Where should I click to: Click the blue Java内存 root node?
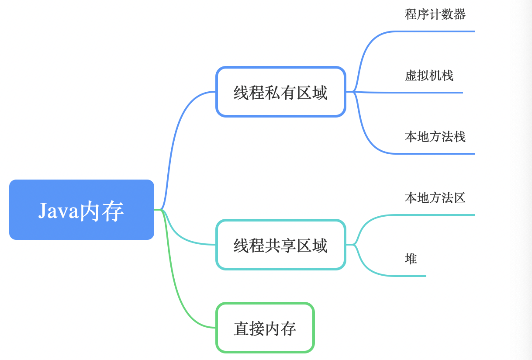click(x=81, y=210)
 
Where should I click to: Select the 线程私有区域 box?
click(x=280, y=92)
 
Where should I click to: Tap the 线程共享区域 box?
click(x=280, y=245)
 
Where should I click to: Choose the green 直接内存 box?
click(x=265, y=328)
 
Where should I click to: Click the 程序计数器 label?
click(x=435, y=14)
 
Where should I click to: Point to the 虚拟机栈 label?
click(x=429, y=76)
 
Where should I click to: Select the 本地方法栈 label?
click(x=435, y=137)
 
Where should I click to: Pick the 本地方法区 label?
click(x=435, y=198)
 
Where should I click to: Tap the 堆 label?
click(x=411, y=259)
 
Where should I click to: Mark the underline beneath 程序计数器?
click(x=437, y=31)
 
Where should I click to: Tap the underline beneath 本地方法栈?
click(x=437, y=154)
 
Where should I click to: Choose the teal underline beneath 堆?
click(x=406, y=276)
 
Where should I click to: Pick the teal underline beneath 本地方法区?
click(x=437, y=215)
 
